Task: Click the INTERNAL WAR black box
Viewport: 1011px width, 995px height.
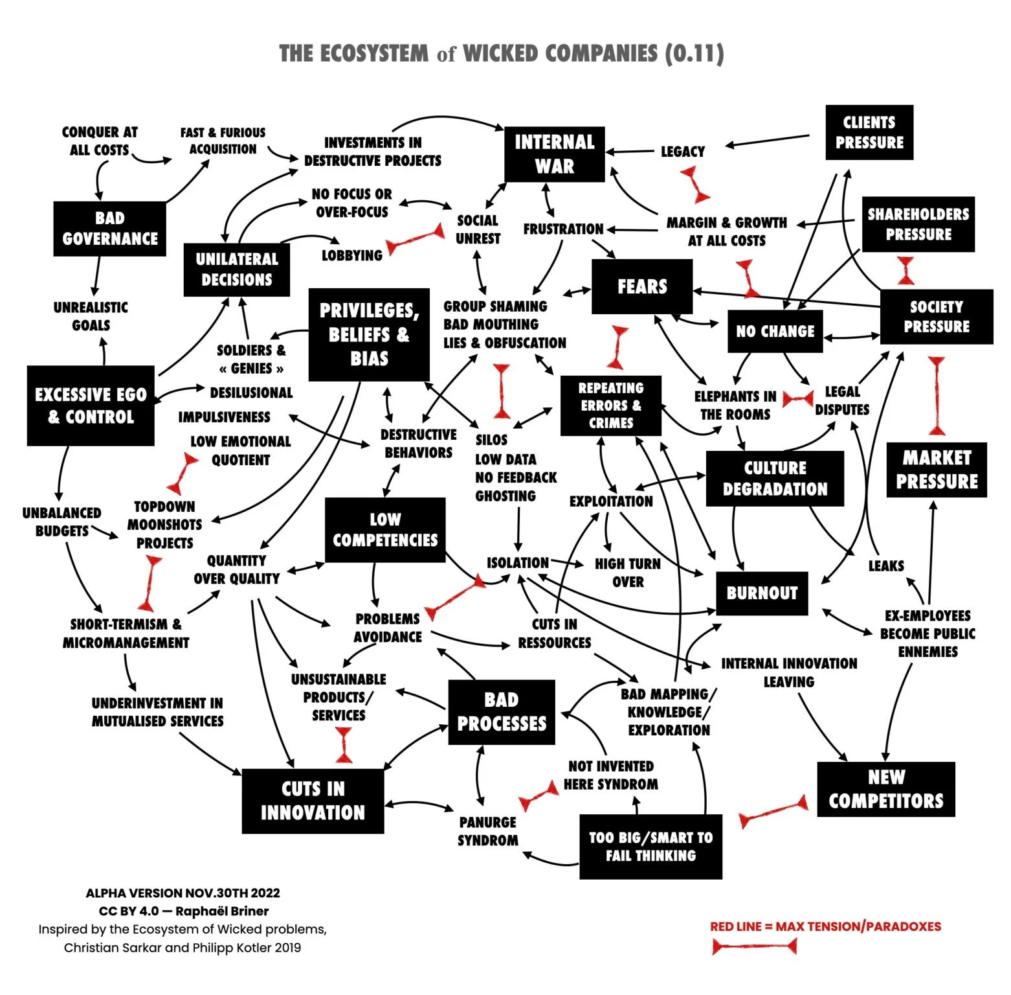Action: click(x=554, y=154)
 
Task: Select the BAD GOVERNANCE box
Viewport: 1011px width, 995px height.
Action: click(x=109, y=229)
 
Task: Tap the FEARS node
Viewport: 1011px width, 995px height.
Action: click(x=641, y=286)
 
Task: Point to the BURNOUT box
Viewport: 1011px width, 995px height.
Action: click(x=762, y=593)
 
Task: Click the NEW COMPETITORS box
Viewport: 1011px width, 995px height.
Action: click(x=885, y=789)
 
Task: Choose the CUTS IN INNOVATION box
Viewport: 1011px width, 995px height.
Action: click(x=313, y=801)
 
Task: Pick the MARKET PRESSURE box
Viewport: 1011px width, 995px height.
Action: click(x=936, y=470)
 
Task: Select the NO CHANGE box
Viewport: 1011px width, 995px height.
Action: click(x=775, y=331)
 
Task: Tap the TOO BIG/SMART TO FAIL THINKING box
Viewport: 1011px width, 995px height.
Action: click(x=650, y=846)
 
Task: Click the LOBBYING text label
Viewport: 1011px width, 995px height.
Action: click(x=352, y=255)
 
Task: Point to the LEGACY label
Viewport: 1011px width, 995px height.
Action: click(x=682, y=152)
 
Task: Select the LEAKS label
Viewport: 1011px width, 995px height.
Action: click(x=885, y=566)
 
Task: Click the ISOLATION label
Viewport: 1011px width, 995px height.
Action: click(x=517, y=563)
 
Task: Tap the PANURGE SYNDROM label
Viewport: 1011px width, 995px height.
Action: click(x=488, y=831)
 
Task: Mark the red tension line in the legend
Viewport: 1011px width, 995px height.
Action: click(x=754, y=947)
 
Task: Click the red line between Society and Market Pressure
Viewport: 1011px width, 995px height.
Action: click(x=937, y=395)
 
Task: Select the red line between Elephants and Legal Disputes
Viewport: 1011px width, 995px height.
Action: click(x=797, y=399)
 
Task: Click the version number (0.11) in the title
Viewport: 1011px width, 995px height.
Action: click(x=694, y=53)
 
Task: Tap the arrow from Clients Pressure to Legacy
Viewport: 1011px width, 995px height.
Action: click(x=767, y=141)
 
